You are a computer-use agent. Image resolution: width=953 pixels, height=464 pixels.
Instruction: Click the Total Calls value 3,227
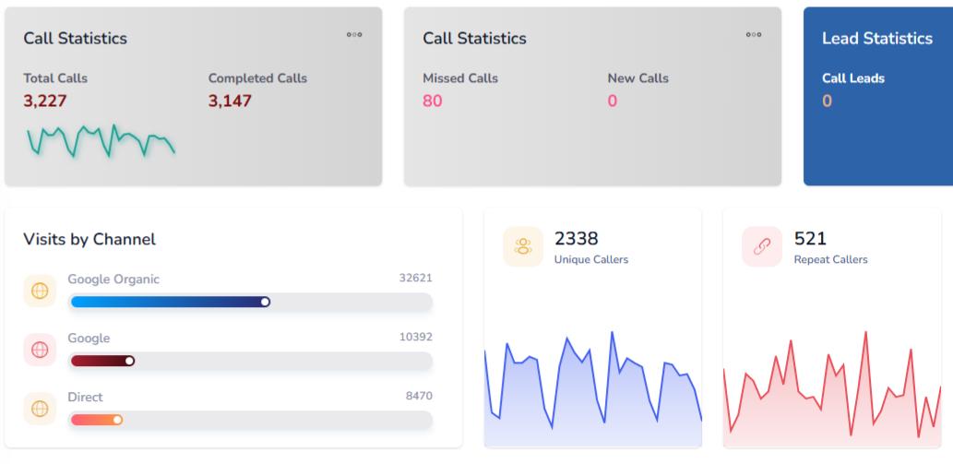pyautogui.click(x=45, y=101)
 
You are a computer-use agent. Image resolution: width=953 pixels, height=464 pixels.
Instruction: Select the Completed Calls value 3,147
pyautogui.click(x=230, y=101)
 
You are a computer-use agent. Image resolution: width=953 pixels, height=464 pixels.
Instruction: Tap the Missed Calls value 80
pyautogui.click(x=433, y=101)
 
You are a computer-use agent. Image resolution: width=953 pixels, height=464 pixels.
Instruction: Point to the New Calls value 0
pyautogui.click(x=613, y=101)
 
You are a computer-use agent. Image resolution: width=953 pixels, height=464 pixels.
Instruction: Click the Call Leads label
pyautogui.click(x=853, y=78)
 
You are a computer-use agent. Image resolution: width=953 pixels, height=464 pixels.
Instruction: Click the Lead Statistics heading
pyautogui.click(x=877, y=38)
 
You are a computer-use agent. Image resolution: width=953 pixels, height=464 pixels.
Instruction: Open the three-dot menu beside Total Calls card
pyautogui.click(x=354, y=35)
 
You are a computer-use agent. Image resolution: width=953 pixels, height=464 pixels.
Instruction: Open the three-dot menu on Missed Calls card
pyautogui.click(x=754, y=35)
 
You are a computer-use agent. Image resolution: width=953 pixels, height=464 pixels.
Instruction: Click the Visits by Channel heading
pyautogui.click(x=89, y=239)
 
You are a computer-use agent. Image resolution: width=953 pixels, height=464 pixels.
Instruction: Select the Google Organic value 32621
pyautogui.click(x=415, y=278)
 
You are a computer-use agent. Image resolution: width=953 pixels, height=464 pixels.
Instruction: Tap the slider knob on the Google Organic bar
pyautogui.click(x=265, y=302)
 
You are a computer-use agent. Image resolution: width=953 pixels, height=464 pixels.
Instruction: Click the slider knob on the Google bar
pyautogui.click(x=129, y=361)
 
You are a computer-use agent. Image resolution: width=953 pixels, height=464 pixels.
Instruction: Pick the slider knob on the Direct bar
pyautogui.click(x=117, y=420)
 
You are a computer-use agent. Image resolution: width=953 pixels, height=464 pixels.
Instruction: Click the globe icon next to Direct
pyautogui.click(x=40, y=409)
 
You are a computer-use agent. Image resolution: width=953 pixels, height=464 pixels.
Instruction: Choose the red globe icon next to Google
pyautogui.click(x=40, y=350)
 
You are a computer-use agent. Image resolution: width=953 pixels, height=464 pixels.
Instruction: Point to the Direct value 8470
pyautogui.click(x=419, y=396)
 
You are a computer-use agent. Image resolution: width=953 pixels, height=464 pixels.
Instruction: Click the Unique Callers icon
pyautogui.click(x=523, y=246)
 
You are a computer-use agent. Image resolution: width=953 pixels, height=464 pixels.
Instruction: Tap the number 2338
pyautogui.click(x=577, y=239)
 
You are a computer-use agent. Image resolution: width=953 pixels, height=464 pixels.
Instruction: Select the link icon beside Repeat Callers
pyautogui.click(x=762, y=246)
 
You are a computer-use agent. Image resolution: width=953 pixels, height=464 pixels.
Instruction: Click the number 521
pyautogui.click(x=810, y=239)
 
